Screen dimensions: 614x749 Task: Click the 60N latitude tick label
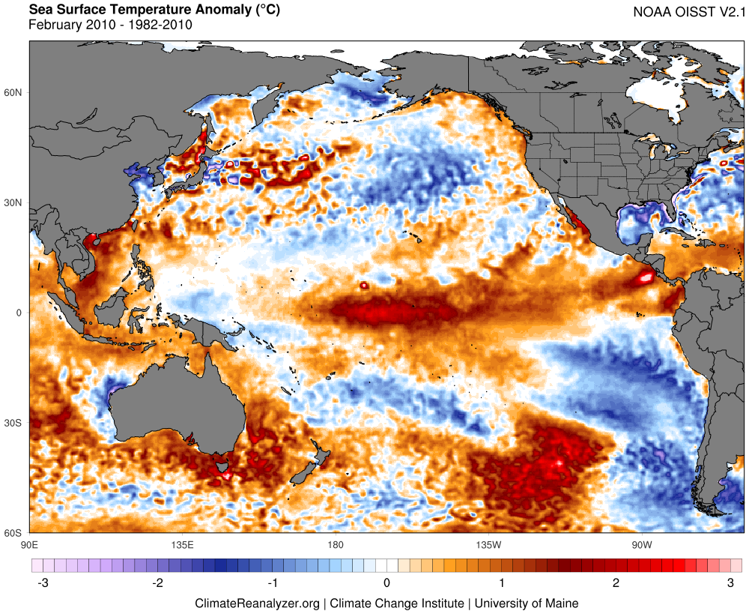coord(13,93)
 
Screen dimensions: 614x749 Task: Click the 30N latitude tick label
coord(13,203)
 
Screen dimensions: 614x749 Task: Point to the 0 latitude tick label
coord(19,313)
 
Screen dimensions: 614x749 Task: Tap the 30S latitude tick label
coord(13,424)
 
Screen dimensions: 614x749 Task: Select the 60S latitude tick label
coord(13,533)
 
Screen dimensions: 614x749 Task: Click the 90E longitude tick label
coord(30,544)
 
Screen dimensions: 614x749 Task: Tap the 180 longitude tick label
coord(335,544)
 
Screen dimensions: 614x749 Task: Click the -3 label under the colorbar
coord(43,583)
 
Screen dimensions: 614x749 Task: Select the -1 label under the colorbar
coord(273,583)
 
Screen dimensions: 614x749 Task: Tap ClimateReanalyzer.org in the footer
coord(257,603)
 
